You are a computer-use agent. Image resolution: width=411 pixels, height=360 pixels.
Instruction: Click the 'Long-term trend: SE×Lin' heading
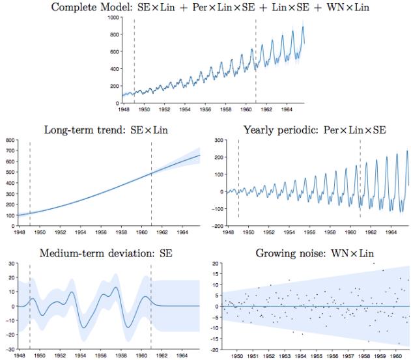point(106,130)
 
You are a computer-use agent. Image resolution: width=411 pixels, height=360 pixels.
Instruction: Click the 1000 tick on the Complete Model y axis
point(117,18)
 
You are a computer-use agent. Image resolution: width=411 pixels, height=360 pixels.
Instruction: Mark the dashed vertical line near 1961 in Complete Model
point(256,59)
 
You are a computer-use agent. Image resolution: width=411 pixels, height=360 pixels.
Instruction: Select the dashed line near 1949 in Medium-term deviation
point(30,306)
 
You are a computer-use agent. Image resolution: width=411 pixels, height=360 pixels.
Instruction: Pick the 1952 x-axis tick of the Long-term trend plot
point(60,230)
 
